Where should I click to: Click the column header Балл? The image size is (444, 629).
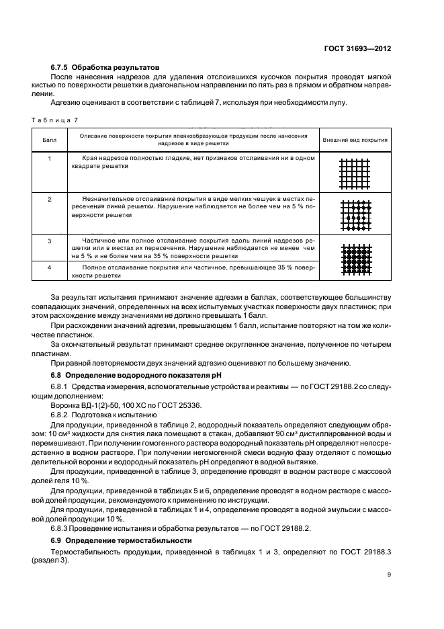pos(50,140)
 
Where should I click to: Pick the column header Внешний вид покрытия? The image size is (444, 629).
pos(355,140)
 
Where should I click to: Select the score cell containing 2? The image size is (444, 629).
pos(50,200)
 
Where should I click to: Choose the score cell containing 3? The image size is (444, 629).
pos(50,240)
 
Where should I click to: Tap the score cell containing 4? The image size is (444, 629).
pos(50,267)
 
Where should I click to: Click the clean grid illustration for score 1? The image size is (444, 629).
pos(355,173)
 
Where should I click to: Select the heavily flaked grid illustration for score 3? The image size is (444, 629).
pos(355,258)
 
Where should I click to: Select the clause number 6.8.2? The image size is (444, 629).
pos(62,415)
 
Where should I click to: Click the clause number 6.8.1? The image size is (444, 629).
pos(62,387)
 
